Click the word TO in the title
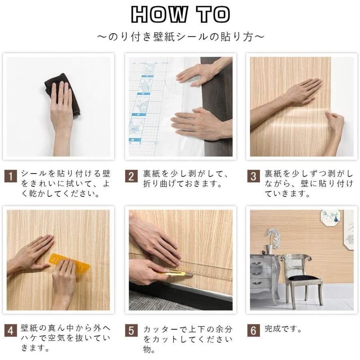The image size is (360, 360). (x=213, y=14)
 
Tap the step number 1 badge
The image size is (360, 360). (x=10, y=176)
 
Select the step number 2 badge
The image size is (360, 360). (x=131, y=176)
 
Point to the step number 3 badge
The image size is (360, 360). (x=254, y=176)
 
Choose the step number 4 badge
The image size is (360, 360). (x=10, y=330)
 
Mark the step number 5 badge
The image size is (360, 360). (x=131, y=330)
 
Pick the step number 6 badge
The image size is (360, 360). (x=254, y=330)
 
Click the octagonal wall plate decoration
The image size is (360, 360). (x=331, y=218)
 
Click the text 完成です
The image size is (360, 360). (x=283, y=329)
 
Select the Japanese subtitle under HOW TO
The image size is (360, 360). (x=180, y=37)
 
